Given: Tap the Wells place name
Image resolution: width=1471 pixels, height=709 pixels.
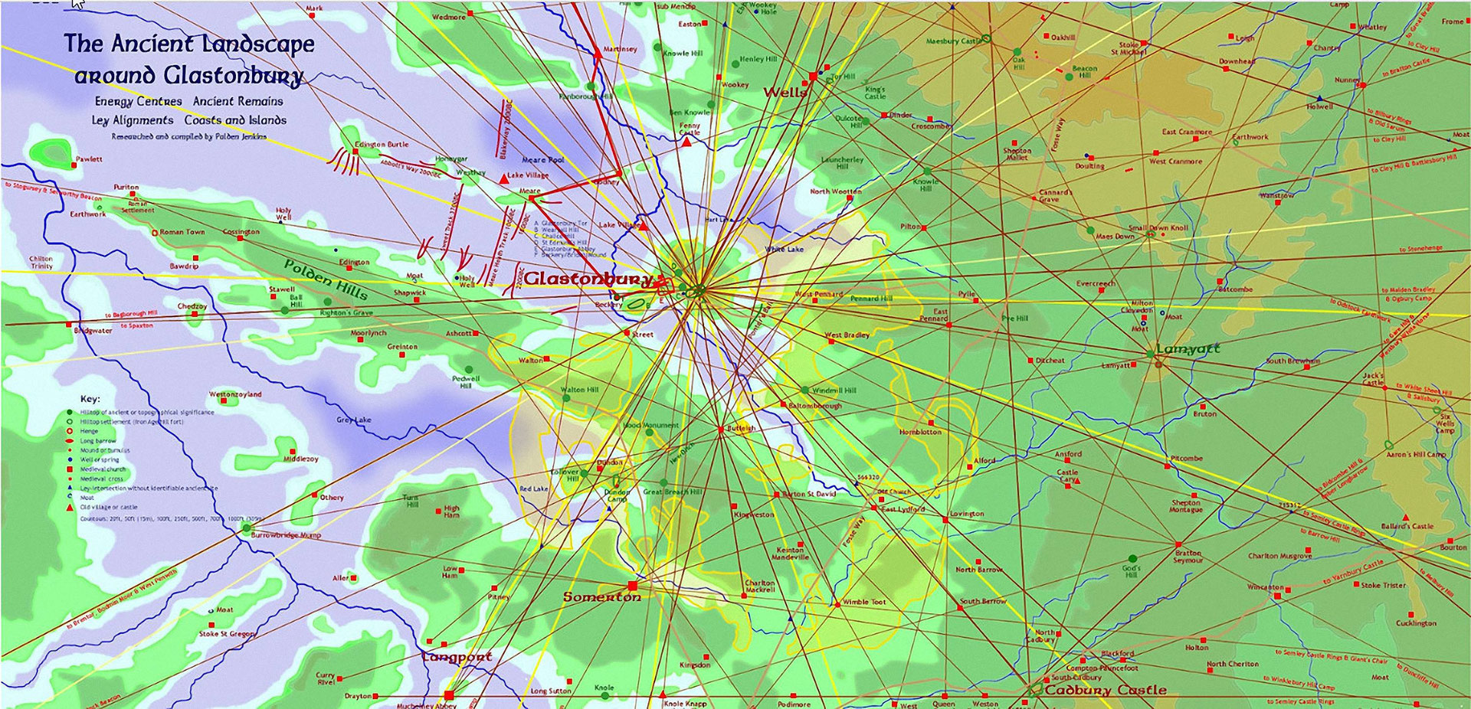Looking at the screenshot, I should pos(785,93).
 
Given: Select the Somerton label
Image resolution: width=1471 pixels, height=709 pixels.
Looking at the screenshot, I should pos(601,597).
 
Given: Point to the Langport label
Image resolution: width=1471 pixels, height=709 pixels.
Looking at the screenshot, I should pos(457,657).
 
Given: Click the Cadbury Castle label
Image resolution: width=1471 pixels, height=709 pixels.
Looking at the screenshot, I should pos(1106,690).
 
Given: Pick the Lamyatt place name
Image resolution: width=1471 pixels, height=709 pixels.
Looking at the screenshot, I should pos(1188,349).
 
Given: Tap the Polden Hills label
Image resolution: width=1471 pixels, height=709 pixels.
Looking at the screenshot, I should pos(326,279).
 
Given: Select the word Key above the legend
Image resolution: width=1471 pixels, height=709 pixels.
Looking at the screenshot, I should pos(90,399).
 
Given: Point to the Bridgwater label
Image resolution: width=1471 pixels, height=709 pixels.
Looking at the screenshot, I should pos(93,331).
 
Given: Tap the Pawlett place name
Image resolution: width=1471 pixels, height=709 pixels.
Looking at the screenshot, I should pos(88,159).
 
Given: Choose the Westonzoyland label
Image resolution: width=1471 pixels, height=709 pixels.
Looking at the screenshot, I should pos(235,394).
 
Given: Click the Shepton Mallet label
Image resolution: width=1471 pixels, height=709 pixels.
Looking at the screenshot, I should pos(1017,154).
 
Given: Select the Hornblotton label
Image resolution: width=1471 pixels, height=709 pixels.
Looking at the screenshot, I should pos(920,432).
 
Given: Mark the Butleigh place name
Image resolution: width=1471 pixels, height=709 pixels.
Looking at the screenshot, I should pos(741,428).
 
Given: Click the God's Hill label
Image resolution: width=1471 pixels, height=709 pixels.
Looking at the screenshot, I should pos(1131,571).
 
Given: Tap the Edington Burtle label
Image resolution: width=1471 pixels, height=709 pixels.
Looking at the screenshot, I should pos(382,144).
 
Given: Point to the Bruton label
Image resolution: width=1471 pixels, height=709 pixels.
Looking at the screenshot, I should pos(1204,414).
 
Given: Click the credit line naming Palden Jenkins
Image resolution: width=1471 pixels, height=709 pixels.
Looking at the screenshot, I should pos(188,137).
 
